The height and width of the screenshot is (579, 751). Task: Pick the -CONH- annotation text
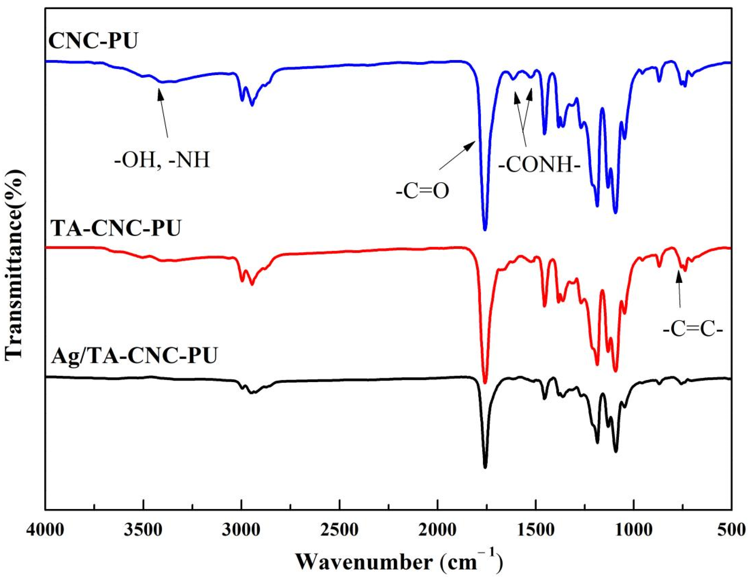(539, 167)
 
